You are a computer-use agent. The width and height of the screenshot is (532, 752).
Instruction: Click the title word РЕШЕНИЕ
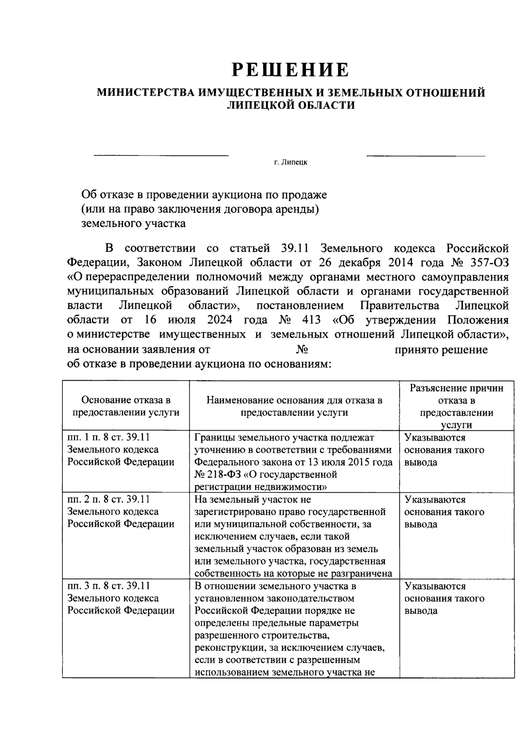291,70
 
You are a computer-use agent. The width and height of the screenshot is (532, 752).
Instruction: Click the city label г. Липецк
291,162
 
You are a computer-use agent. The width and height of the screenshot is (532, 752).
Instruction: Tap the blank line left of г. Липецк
160,156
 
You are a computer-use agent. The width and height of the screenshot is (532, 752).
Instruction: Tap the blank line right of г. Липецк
426,156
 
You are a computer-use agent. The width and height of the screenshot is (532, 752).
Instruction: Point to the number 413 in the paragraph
312,320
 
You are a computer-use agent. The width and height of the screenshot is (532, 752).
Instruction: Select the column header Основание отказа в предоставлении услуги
126,406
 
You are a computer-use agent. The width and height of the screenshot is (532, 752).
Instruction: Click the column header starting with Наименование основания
294,406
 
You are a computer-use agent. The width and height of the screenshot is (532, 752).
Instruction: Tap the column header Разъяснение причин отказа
457,406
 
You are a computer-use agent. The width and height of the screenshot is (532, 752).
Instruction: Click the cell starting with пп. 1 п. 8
121,449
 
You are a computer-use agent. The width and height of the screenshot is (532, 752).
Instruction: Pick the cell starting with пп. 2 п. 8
121,511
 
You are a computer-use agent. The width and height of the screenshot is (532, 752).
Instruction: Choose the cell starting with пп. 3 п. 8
121,598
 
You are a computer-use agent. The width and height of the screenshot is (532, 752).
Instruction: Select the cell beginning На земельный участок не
293,536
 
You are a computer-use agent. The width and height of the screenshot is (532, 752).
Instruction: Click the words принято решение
441,350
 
